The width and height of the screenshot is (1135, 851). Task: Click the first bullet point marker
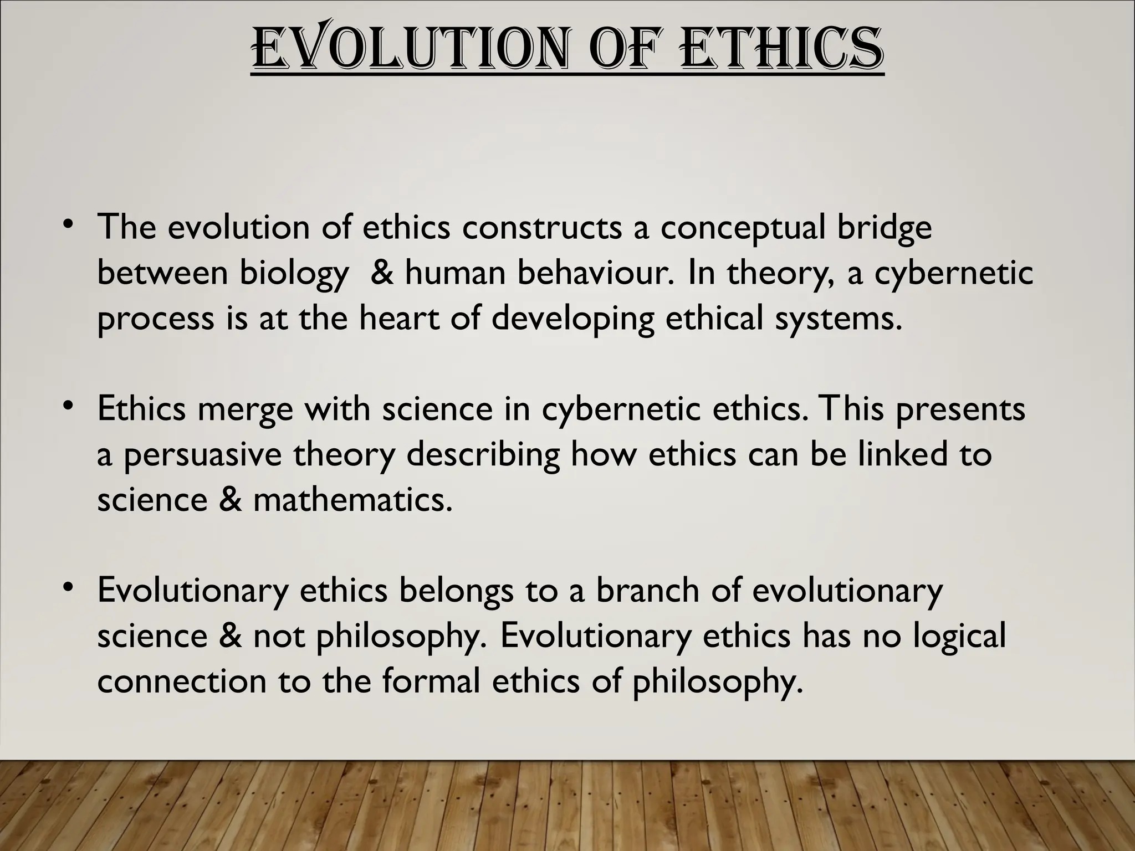click(x=68, y=224)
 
